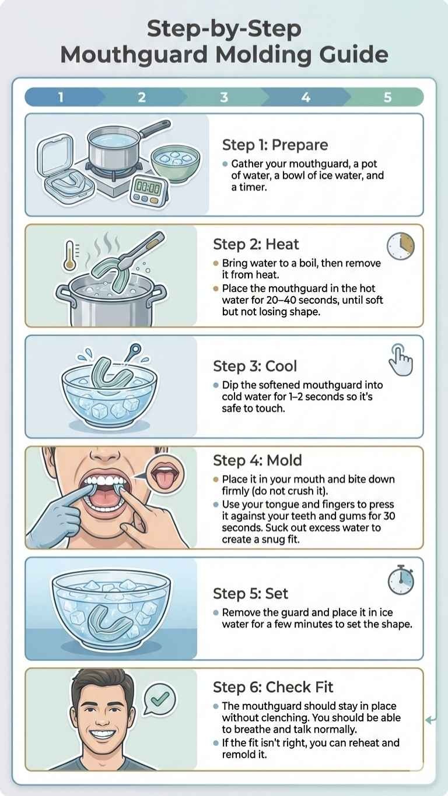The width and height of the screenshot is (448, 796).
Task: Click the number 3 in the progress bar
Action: click(224, 97)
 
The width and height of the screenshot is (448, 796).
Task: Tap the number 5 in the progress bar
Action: click(387, 97)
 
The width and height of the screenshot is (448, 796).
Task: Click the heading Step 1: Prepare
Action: click(275, 145)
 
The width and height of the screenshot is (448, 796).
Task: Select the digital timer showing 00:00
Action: click(148, 191)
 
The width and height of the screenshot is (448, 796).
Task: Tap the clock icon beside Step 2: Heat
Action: click(401, 246)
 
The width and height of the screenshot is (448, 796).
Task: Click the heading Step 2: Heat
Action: click(256, 245)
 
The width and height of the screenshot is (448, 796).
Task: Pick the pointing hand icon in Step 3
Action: click(401, 360)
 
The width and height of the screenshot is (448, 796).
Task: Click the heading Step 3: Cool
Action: click(255, 367)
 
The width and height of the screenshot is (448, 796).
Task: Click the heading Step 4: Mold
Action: click(257, 460)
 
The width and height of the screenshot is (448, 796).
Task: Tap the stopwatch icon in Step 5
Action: click(401, 580)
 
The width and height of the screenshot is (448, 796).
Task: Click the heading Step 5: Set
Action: click(250, 594)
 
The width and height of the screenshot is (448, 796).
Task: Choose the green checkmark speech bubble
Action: click(160, 699)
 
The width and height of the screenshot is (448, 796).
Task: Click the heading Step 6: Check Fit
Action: click(273, 687)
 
